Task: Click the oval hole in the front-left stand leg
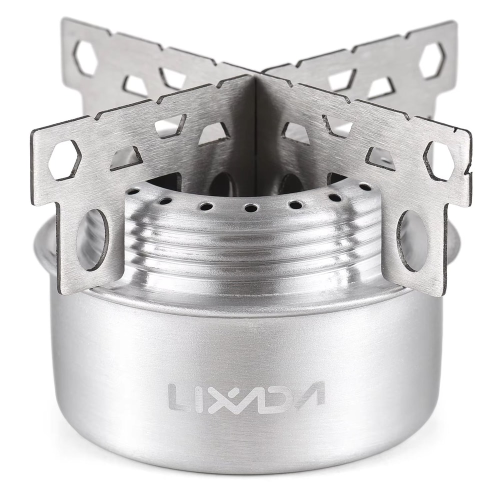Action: [x=92, y=239]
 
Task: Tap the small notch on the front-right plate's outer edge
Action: [x=468, y=172]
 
